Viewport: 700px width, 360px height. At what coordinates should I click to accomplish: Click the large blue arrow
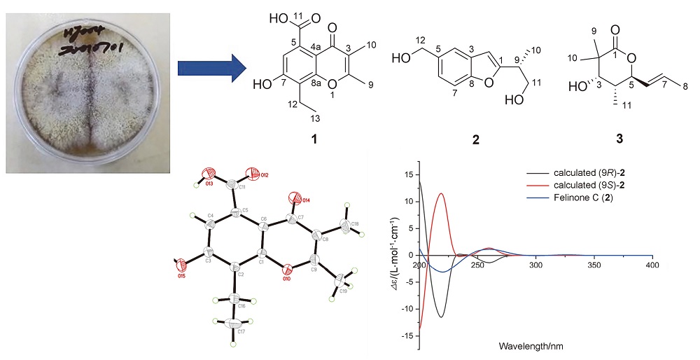(x=211, y=69)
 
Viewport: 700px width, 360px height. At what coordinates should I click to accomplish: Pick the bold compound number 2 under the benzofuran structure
(x=475, y=139)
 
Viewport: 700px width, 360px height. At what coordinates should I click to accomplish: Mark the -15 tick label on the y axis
(x=408, y=335)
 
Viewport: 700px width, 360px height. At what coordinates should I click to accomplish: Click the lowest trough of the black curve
(x=441, y=317)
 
